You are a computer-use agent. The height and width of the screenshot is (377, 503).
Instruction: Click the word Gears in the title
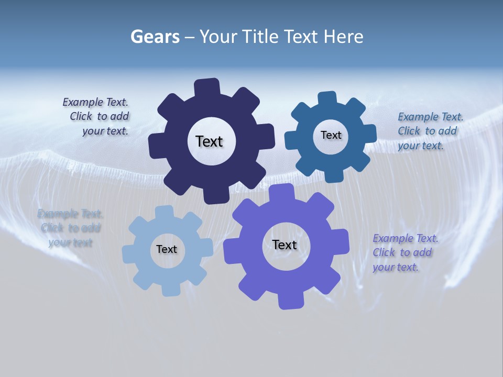155,37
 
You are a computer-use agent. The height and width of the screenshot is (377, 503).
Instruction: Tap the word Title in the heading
260,37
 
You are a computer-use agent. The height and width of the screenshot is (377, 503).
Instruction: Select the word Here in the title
343,37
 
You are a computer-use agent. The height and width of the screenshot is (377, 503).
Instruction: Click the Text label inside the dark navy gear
209,141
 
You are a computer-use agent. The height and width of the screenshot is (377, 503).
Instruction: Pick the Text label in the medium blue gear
331,135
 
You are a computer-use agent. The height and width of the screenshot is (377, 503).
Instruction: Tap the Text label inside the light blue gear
167,250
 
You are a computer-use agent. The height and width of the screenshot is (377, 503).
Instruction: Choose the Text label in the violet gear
285,245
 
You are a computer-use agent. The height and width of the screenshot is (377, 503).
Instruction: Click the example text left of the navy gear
96,117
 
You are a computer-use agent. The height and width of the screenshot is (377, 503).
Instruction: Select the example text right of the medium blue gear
430,131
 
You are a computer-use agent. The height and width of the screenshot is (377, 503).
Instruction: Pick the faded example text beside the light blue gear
70,228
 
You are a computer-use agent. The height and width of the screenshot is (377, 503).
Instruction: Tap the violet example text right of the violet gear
405,253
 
